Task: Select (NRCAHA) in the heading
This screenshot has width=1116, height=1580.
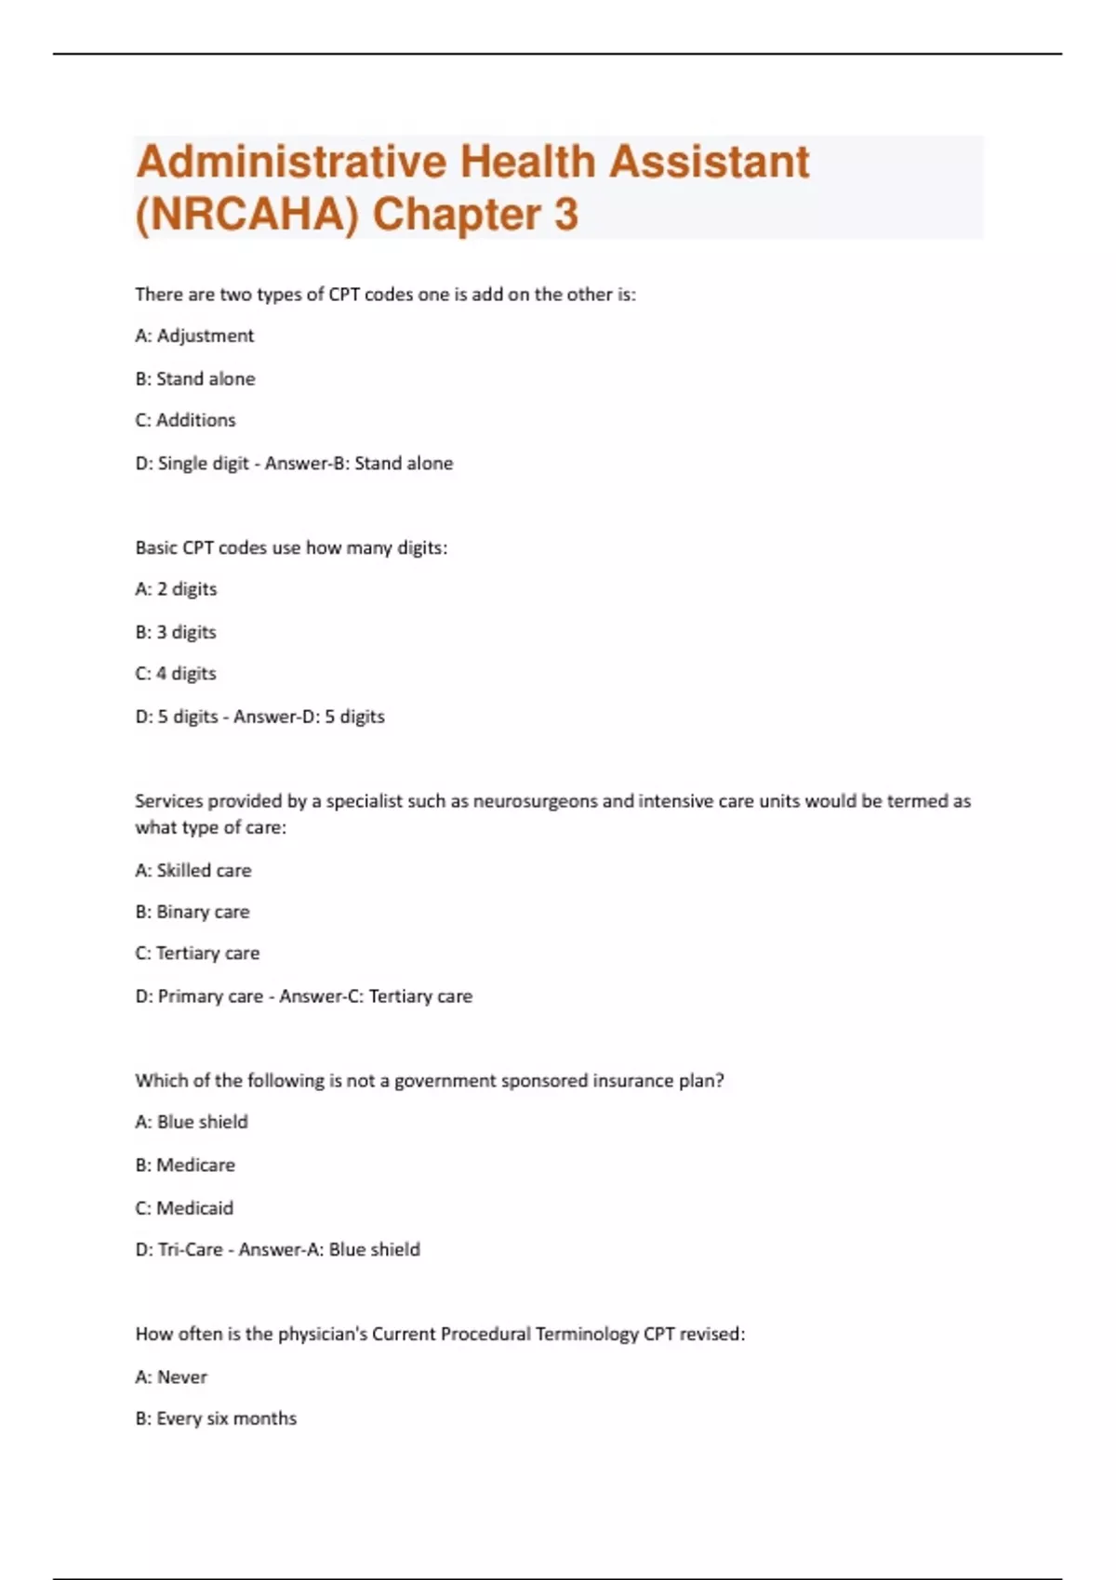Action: pos(246,215)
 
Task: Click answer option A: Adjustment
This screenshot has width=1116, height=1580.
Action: pos(194,336)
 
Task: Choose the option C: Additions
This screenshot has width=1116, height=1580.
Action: pos(185,420)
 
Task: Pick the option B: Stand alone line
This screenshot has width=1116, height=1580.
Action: pos(195,378)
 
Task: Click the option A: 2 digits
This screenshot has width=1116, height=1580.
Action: pos(176,589)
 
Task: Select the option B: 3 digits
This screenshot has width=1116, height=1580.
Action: pos(176,632)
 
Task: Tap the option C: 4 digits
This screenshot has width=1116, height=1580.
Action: pos(176,674)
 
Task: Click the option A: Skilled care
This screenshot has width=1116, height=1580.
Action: pos(193,871)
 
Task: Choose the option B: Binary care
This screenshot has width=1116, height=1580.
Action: pos(193,912)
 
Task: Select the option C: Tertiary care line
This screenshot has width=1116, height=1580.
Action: pos(197,954)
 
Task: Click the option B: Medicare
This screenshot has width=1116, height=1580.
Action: pos(185,1165)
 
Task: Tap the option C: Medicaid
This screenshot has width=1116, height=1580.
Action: pos(184,1208)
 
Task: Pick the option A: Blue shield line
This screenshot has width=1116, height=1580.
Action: pos(192,1122)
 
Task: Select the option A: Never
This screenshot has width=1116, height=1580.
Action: pos(171,1377)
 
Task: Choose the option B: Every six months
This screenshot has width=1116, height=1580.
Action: pos(216,1418)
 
